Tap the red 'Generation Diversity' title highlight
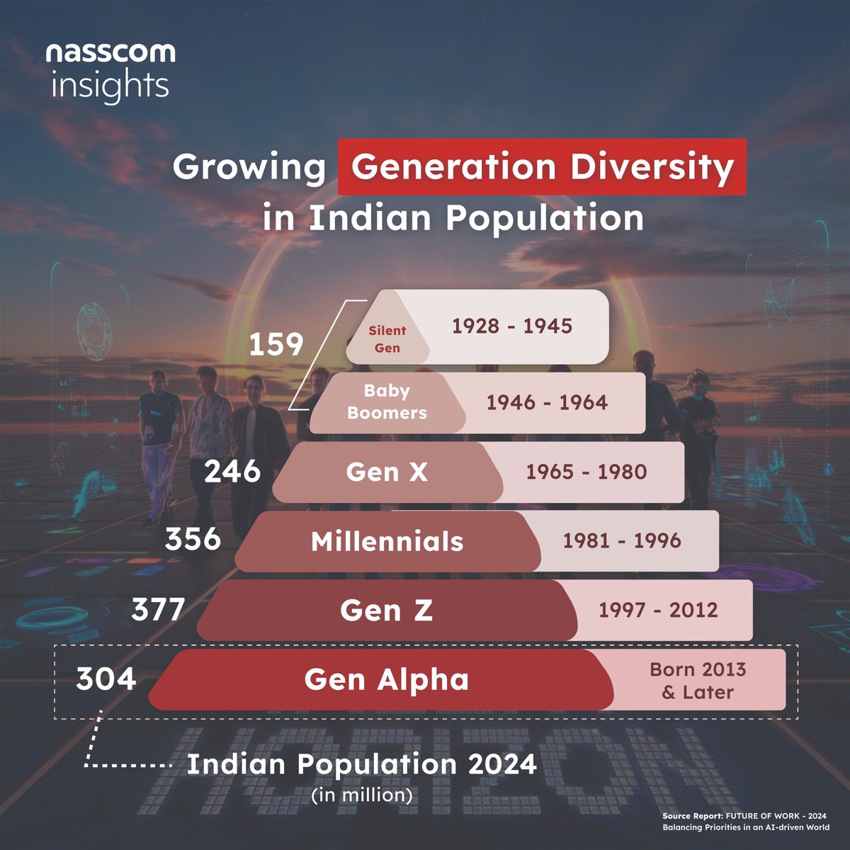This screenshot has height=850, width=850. (542, 167)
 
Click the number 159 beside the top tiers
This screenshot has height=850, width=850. (276, 345)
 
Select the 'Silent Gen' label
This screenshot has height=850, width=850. (387, 339)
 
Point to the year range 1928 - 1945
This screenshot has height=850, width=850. (512, 326)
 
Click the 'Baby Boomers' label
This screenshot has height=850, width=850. (387, 402)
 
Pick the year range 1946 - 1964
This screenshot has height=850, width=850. (547, 402)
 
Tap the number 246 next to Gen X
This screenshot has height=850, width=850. (232, 471)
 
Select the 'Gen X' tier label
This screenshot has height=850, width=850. (387, 472)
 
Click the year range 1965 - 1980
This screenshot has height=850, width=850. (586, 472)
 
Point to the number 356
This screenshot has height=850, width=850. (193, 539)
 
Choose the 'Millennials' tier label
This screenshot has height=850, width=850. (387, 542)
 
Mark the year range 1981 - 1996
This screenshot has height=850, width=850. (621, 540)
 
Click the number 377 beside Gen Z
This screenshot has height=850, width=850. (158, 609)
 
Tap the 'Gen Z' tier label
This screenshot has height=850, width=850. (386, 611)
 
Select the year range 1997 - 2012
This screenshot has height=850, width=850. (658, 610)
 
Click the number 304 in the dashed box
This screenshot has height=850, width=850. (106, 679)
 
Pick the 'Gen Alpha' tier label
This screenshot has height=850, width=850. (386, 680)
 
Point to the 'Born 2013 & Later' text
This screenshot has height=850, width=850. (698, 681)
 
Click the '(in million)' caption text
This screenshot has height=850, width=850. (362, 795)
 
